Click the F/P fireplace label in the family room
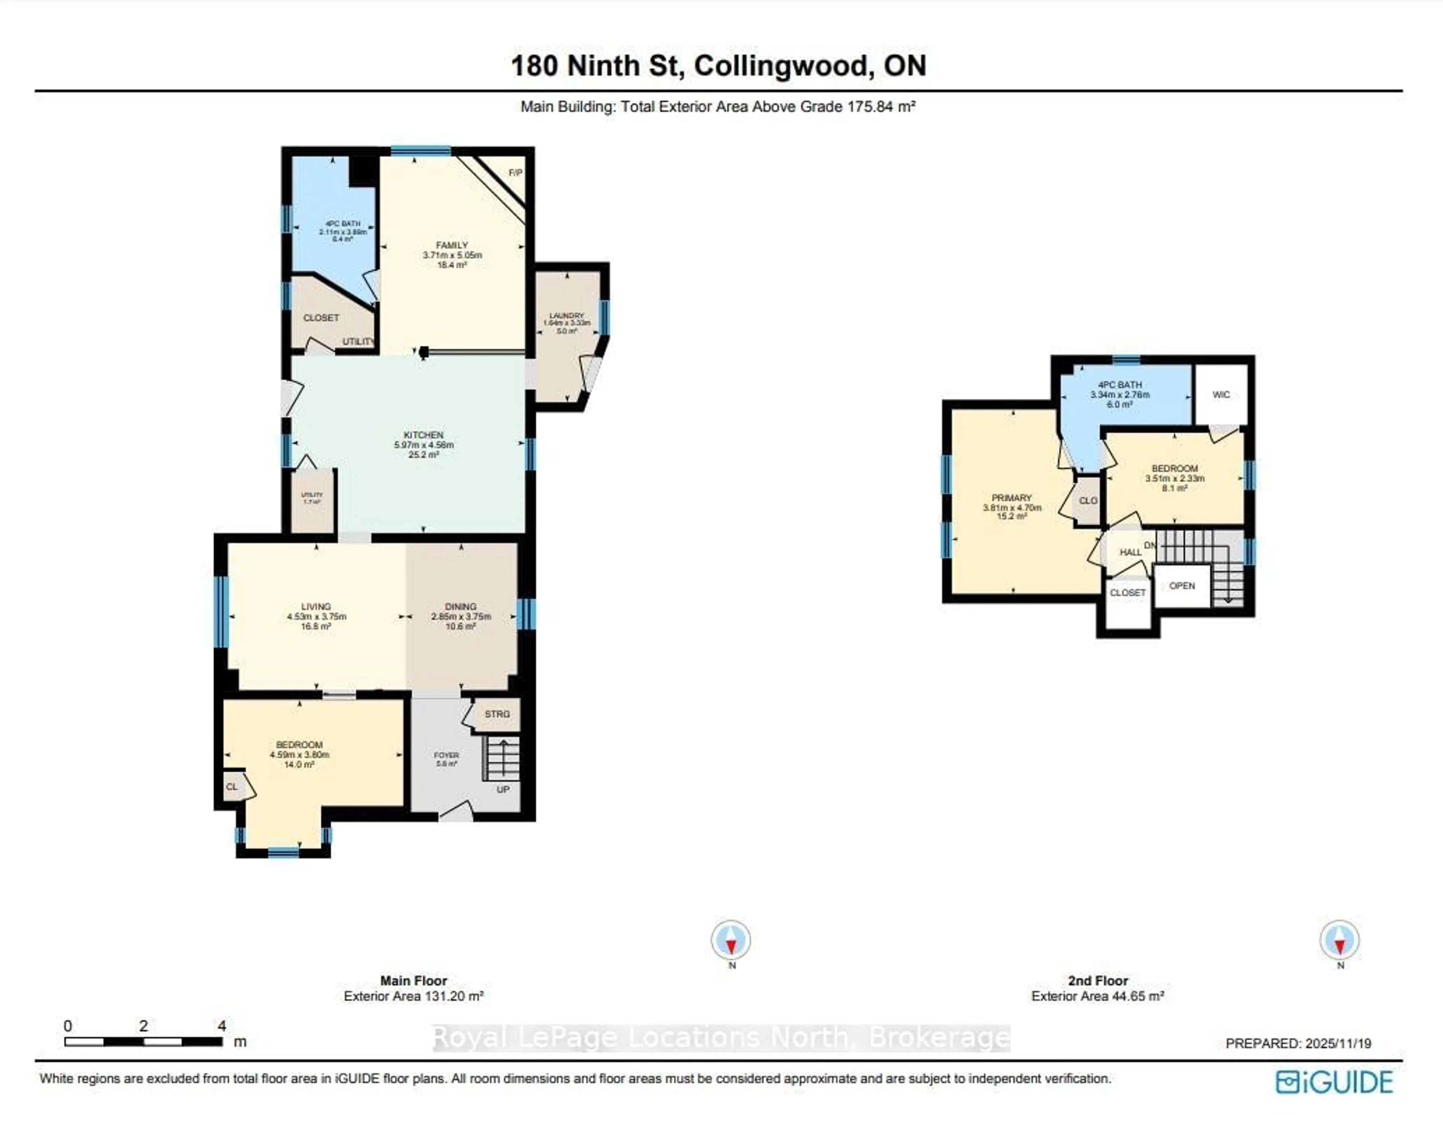point(515,172)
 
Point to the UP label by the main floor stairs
point(503,789)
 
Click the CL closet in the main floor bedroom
point(231,787)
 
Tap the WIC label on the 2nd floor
point(1221,395)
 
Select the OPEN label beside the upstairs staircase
point(1182,585)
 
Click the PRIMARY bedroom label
point(1011,497)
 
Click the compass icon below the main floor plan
point(731,939)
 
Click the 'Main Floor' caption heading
point(414,981)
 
